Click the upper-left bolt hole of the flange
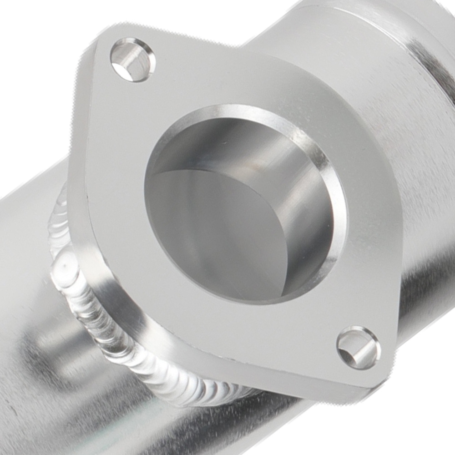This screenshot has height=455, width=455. click(x=132, y=60)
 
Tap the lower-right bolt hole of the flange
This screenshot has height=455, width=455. click(x=359, y=348)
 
